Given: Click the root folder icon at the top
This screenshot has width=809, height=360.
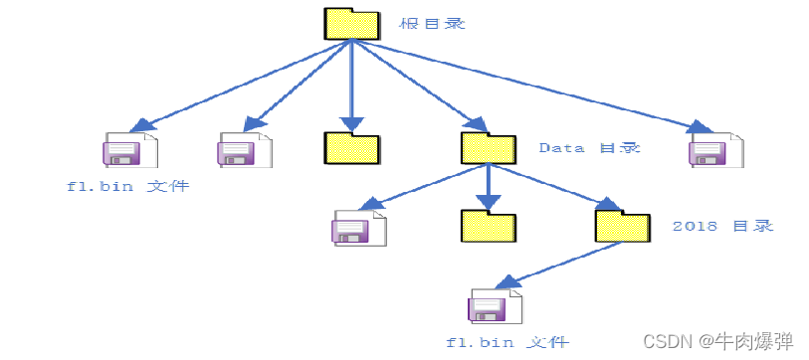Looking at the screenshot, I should (x=351, y=24).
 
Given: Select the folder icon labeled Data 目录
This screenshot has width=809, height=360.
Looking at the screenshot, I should (x=488, y=147).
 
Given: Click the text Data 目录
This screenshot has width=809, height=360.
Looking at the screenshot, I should (x=589, y=147).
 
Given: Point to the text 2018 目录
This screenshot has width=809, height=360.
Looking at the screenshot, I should (x=721, y=226).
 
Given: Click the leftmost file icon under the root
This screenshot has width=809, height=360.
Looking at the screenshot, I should (x=129, y=149).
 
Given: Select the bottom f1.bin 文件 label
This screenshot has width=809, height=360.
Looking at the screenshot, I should (x=507, y=342).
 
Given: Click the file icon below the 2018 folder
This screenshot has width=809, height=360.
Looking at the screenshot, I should (x=495, y=306).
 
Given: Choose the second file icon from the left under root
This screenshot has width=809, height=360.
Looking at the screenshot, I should (x=245, y=149).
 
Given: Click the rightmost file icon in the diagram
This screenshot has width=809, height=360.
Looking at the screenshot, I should (x=716, y=149).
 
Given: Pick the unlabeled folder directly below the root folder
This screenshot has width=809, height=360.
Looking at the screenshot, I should (x=351, y=147).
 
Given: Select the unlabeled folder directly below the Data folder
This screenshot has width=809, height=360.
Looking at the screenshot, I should (x=488, y=226).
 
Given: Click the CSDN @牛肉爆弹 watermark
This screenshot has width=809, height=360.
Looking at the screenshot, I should (x=718, y=341).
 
